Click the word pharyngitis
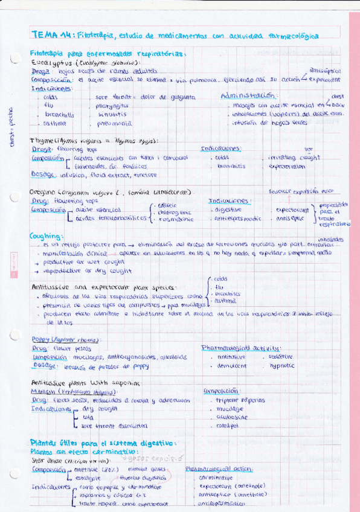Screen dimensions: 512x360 [x=113, y=105]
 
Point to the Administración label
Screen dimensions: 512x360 [x=248, y=95]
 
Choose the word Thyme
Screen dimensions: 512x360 [x=41, y=141]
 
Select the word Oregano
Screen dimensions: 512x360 [x=44, y=193]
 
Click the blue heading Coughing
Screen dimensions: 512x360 [x=45, y=236]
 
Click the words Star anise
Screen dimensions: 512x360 [x=46, y=459]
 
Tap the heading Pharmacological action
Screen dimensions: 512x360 [x=219, y=469]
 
